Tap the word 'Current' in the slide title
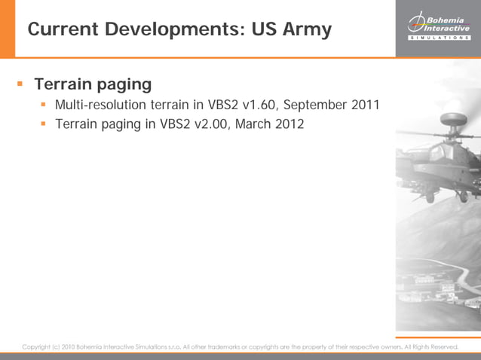click(x=63, y=29)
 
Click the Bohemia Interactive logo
click(x=438, y=23)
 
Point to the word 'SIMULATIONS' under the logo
click(x=438, y=38)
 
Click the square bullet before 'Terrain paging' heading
click(x=20, y=83)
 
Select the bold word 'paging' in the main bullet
click(x=125, y=84)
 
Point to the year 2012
click(x=290, y=124)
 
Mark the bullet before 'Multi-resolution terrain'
click(x=44, y=104)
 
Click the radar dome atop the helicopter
click(x=453, y=119)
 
